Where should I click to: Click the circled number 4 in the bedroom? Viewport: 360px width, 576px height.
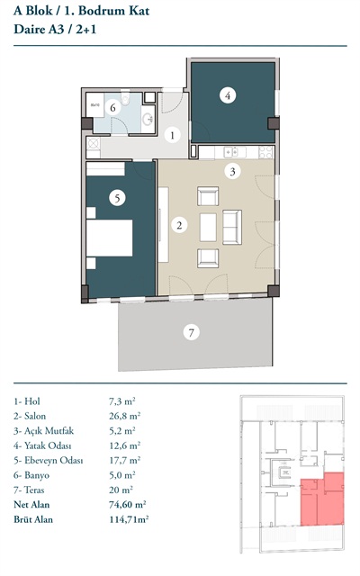tap(228, 95)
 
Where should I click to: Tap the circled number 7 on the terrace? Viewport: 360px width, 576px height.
tap(191, 332)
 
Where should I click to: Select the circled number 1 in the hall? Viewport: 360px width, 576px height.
tap(172, 135)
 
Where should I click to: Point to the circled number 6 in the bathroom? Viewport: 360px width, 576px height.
tap(112, 108)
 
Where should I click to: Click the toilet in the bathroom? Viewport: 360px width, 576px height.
tap(126, 98)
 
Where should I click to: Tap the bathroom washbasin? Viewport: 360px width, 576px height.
tap(148, 119)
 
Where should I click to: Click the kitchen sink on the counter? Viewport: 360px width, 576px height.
tap(236, 151)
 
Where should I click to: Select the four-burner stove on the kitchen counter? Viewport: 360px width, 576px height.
tap(266, 152)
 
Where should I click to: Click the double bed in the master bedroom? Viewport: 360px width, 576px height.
tap(110, 238)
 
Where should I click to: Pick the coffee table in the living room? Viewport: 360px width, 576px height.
tap(208, 228)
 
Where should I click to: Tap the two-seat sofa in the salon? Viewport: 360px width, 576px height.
tap(232, 227)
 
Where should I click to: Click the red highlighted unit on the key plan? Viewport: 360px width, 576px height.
tap(322, 499)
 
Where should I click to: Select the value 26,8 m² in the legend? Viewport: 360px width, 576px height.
tap(125, 416)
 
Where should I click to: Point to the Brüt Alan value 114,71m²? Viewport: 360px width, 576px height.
tap(129, 519)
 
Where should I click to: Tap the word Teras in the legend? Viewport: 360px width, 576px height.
tap(34, 490)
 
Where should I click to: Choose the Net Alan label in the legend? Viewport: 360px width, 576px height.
tap(31, 504)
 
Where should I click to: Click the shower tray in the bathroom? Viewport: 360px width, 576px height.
tap(95, 105)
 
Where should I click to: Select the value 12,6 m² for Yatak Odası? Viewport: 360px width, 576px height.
tap(125, 445)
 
